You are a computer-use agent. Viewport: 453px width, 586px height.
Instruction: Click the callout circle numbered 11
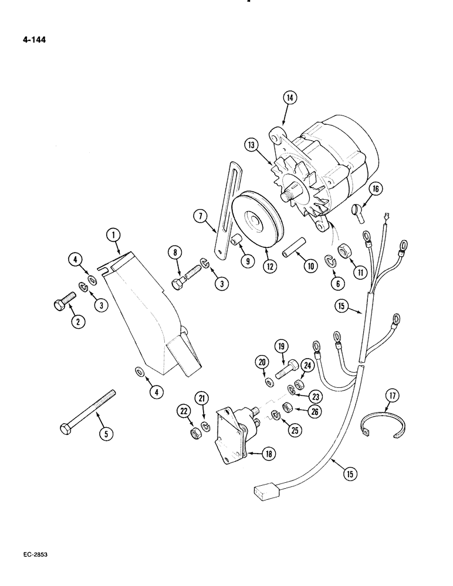point(357,273)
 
